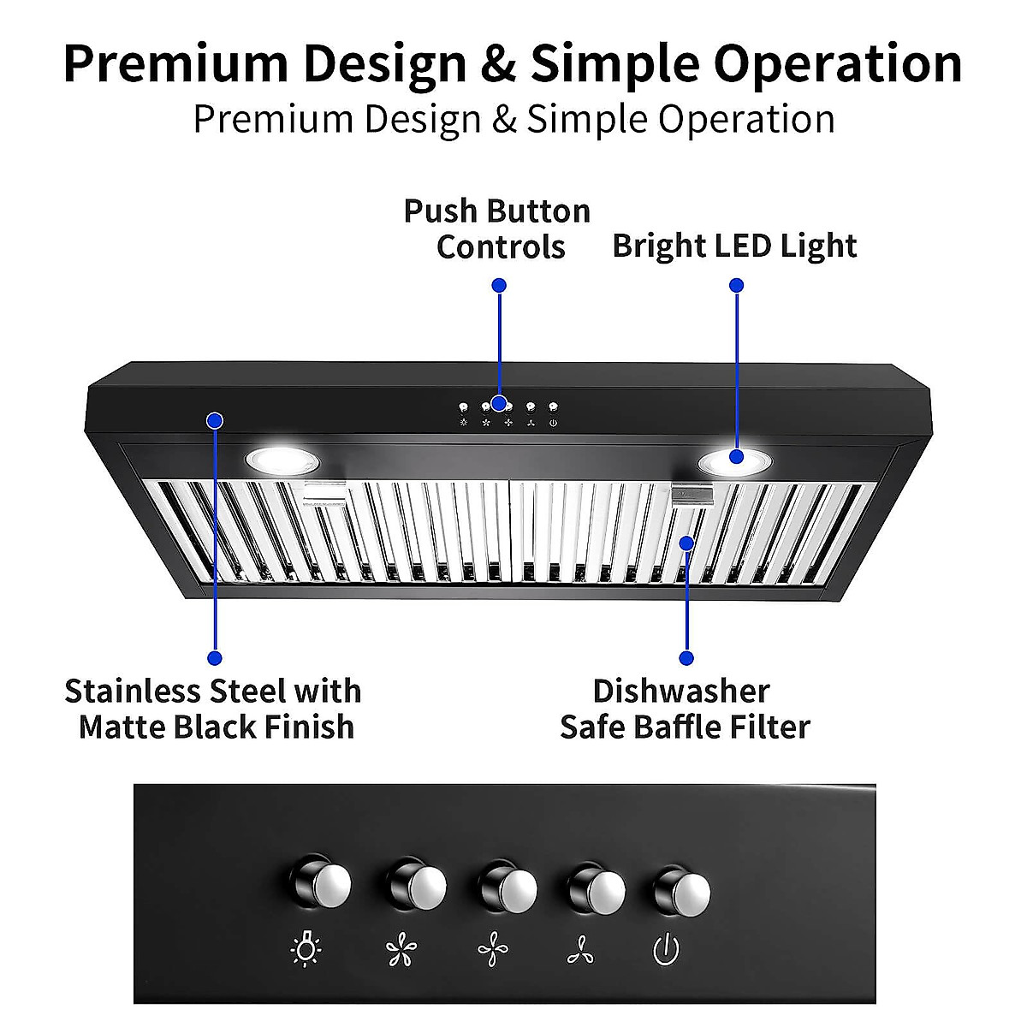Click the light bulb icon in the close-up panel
tap(306, 949)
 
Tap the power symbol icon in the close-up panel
tap(667, 949)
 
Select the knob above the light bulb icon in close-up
tap(328, 883)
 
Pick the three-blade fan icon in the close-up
tap(582, 950)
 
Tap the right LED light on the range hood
tap(734, 462)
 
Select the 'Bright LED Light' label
tap(734, 246)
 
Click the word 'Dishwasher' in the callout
tap(681, 691)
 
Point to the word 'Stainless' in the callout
tap(133, 691)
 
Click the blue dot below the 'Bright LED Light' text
tap(737, 285)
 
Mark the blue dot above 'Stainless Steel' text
tap(215, 657)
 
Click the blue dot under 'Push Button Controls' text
tap(500, 285)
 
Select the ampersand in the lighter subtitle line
tap(504, 119)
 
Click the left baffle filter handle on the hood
tap(324, 491)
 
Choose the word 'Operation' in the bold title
tap(837, 64)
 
